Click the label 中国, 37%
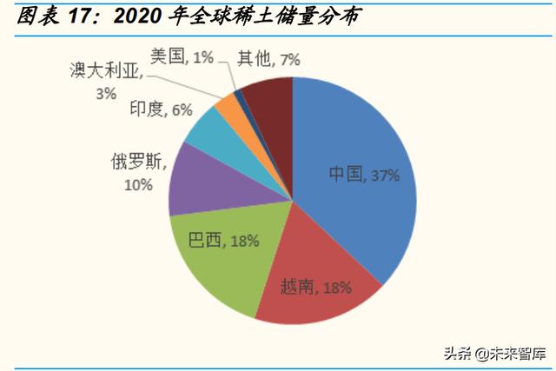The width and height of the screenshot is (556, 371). pos(363,175)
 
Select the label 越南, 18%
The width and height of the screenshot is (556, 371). pos(315,287)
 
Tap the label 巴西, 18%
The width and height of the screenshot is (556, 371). pos(223,241)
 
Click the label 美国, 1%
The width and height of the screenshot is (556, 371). pos(181,57)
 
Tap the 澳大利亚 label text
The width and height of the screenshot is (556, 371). pos(104,71)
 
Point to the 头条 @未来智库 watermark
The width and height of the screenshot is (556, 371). pos(493,352)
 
